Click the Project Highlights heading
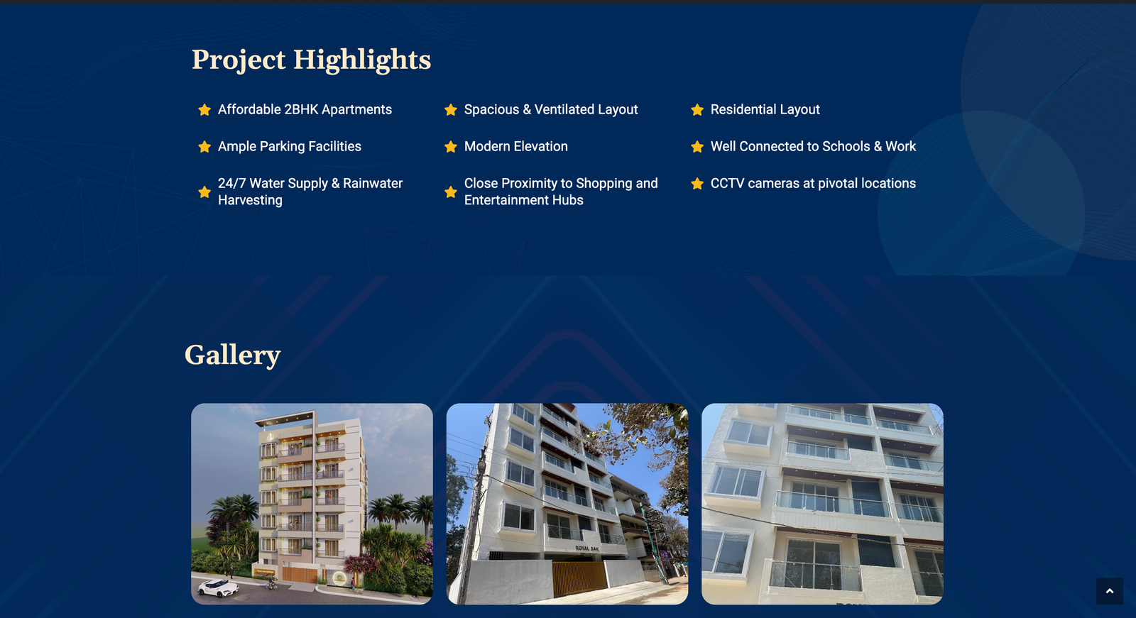pyautogui.click(x=311, y=60)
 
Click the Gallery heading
pyautogui.click(x=232, y=354)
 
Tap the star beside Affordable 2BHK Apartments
pyautogui.click(x=204, y=109)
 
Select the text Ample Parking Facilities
pyautogui.click(x=290, y=146)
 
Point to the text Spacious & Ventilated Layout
pyautogui.click(x=551, y=109)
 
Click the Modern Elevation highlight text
pyautogui.click(x=515, y=146)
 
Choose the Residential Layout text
pyautogui.click(x=765, y=109)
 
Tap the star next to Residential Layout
pyautogui.click(x=697, y=109)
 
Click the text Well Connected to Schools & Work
pyautogui.click(x=813, y=146)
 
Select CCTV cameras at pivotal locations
pyautogui.click(x=813, y=184)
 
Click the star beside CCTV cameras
pyautogui.click(x=697, y=184)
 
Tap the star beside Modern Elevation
pyautogui.click(x=451, y=146)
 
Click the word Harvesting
pyautogui.click(x=250, y=200)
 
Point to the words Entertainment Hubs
pyautogui.click(x=523, y=200)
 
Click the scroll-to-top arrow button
pyautogui.click(x=1110, y=591)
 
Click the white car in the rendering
pyautogui.click(x=219, y=587)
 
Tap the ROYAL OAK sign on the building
pyautogui.click(x=587, y=548)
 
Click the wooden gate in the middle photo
pyautogui.click(x=579, y=578)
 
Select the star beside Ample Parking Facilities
pyautogui.click(x=204, y=146)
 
